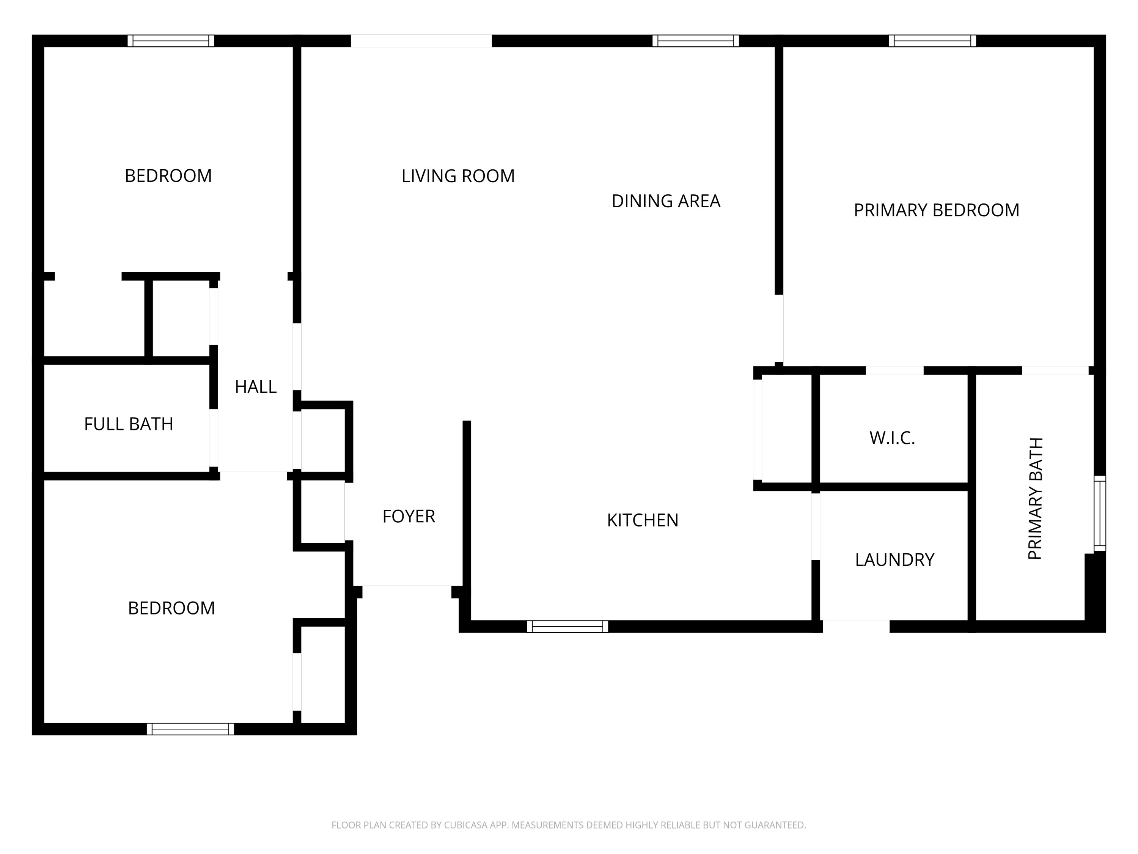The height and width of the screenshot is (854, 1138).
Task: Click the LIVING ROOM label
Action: point(458,176)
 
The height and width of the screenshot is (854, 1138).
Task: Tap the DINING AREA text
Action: point(666,201)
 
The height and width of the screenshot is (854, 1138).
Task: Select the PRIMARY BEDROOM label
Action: point(936,210)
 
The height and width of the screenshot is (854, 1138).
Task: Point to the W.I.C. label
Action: point(892,438)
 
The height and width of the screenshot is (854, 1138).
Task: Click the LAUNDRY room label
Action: point(894,559)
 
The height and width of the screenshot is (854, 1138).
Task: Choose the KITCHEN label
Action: point(643,520)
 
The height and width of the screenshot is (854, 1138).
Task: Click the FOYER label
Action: point(409,516)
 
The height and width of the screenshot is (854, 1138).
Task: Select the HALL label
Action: point(256,387)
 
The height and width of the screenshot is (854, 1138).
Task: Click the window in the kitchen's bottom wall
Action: point(567,627)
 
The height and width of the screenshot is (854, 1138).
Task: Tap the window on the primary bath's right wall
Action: point(1099,513)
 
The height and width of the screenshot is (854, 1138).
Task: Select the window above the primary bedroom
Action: point(932,41)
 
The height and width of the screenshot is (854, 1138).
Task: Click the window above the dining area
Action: point(696,41)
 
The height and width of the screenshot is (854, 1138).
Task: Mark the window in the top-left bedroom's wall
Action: point(171,41)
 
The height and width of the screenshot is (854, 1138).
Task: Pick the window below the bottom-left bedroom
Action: point(190,729)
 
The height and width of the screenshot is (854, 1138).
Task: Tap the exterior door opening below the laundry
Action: point(856,627)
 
